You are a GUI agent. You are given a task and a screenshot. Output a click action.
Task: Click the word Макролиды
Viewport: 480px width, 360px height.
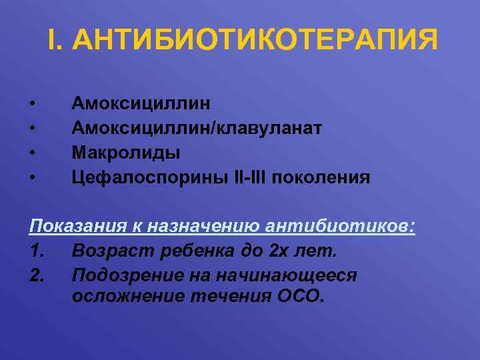(126, 153)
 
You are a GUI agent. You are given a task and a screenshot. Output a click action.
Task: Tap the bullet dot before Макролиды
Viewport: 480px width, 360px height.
(32, 153)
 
